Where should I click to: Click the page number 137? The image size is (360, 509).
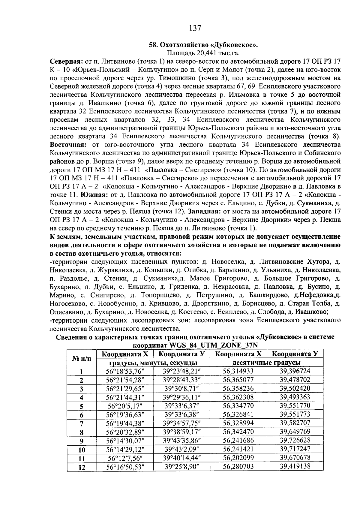coord(195,29)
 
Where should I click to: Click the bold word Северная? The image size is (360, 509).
coord(66,62)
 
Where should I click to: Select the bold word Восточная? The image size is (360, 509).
coord(68,145)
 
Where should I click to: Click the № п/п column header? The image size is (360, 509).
coord(82,358)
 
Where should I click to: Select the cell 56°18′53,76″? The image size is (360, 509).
coord(125,371)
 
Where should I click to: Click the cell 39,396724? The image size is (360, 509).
coord(295,371)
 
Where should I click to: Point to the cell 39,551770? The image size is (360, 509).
coord(295,406)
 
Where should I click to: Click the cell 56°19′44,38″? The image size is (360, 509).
coord(125,423)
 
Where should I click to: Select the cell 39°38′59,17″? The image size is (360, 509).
coord(181,432)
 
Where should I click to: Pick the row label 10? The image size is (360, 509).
coord(82,450)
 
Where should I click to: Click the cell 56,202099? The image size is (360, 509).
coord(238,458)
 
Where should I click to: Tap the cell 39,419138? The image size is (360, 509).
coord(295,466)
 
